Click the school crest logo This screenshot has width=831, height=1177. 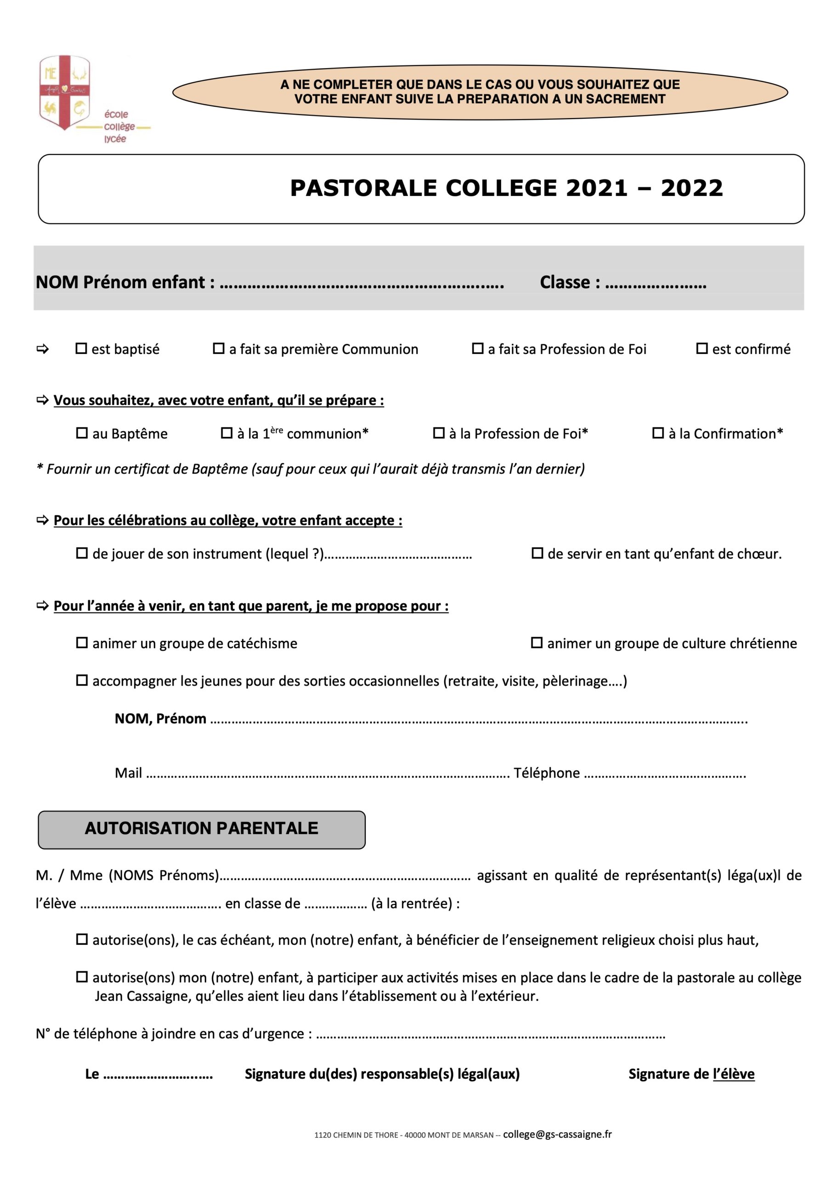tap(65, 92)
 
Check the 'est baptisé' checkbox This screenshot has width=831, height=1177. tap(81, 349)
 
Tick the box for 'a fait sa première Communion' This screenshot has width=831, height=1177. tap(219, 349)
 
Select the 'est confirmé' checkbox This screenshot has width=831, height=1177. tap(702, 349)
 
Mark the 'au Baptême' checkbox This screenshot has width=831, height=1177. tap(82, 433)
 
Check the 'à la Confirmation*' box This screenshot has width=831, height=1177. tap(658, 433)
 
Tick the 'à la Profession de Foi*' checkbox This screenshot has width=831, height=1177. tap(439, 433)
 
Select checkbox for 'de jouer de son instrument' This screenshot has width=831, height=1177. tap(82, 553)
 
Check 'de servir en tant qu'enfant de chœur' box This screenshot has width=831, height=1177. tap(537, 553)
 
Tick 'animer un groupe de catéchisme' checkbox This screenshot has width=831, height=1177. tap(82, 643)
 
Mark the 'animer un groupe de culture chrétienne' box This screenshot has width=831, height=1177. tap(537, 643)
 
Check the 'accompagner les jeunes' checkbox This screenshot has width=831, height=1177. tap(82, 680)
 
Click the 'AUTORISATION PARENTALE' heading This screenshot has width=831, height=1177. tap(201, 828)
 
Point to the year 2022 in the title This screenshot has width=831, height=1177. tap(692, 188)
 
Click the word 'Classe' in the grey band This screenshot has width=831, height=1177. tap(565, 282)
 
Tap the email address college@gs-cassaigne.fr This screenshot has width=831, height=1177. tap(557, 1134)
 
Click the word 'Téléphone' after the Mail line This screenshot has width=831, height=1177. tap(547, 773)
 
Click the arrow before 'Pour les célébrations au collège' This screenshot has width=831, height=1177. tap(43, 520)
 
